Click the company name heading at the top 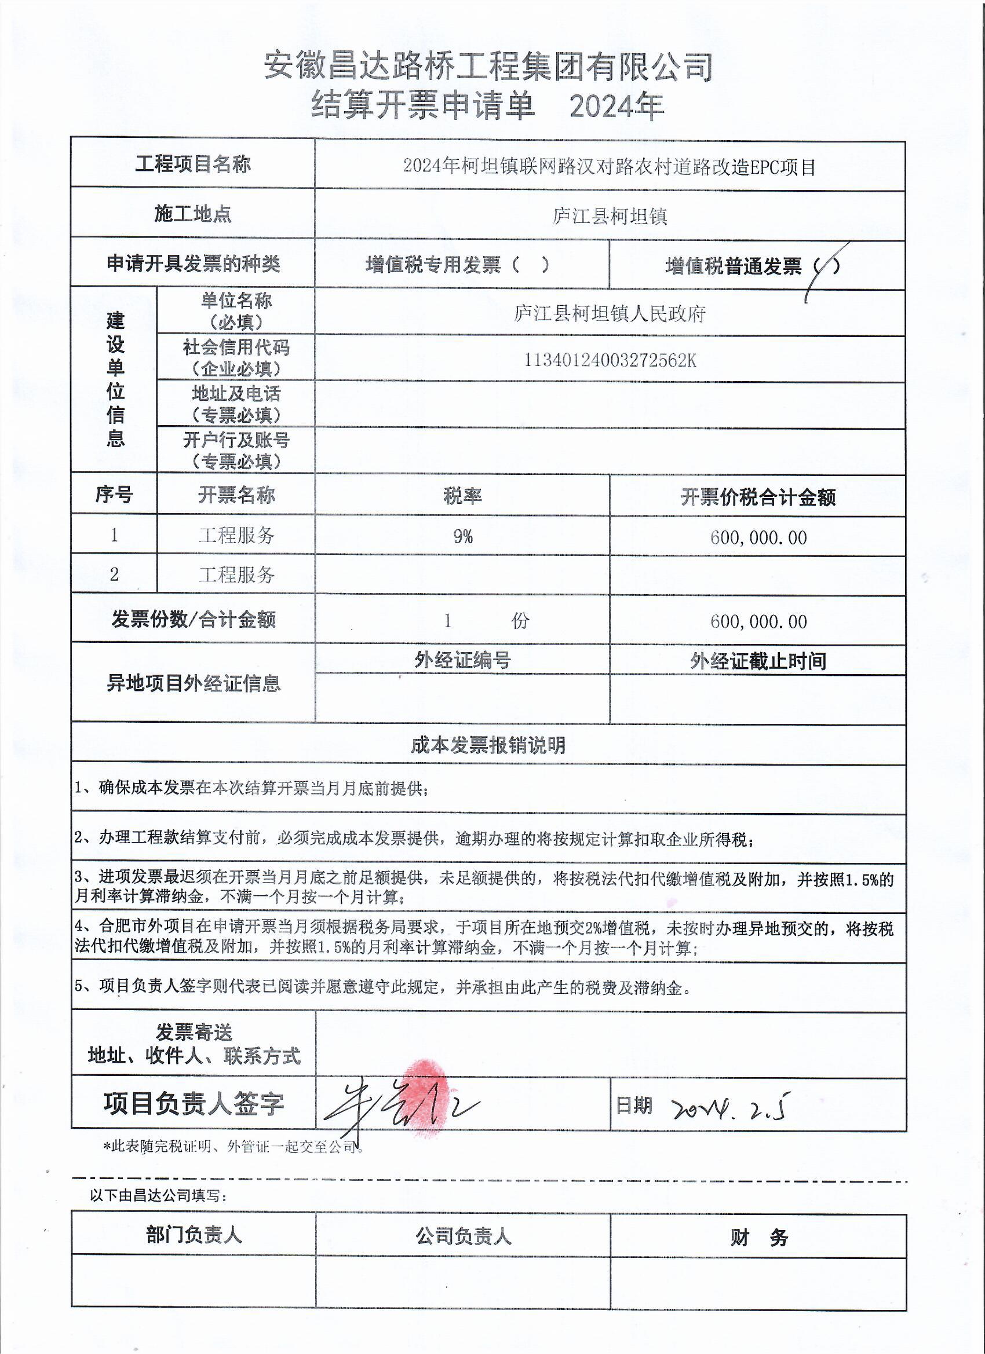pos(488,66)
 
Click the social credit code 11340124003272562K pos(610,360)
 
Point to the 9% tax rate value pos(462,536)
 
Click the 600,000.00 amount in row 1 pos(758,537)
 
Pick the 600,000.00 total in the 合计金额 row pos(758,621)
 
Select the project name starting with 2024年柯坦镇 pos(610,167)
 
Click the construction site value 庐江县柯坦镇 pos(610,215)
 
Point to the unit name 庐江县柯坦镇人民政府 pos(610,313)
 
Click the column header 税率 pos(462,496)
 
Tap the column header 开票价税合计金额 pos(757,497)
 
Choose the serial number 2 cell pos(114,574)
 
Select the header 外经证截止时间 pos(757,661)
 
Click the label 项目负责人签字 pos(193,1104)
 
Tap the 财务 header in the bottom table pos(758,1238)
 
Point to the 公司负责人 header pos(464,1236)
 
